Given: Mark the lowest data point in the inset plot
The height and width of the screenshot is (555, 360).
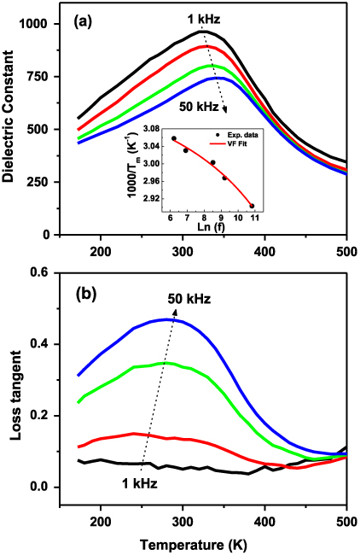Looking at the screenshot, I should [252, 206].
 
